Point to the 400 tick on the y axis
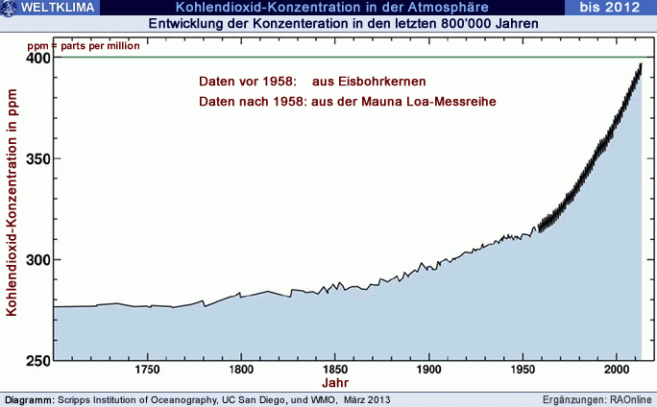coord(37,58)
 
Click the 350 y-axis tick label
coord(37,159)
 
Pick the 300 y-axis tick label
coord(37,260)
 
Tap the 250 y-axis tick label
coord(37,361)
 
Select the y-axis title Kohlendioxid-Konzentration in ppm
coord(12,207)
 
